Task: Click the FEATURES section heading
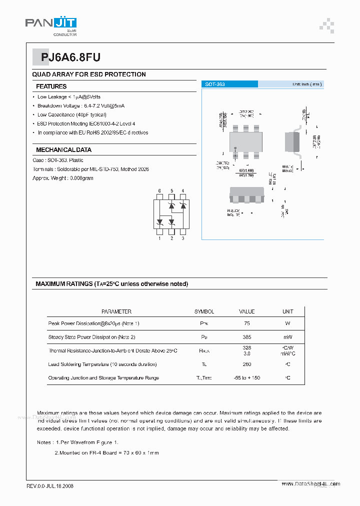[51, 86]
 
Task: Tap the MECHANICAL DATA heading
[63, 150]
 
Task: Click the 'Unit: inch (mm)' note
[307, 84]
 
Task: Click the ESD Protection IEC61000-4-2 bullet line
[86, 124]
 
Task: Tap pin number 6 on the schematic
[159, 191]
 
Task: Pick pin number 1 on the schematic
[159, 238]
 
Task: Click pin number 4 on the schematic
[183, 191]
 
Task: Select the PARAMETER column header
[116, 311]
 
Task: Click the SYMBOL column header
[204, 311]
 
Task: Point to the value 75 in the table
[246, 324]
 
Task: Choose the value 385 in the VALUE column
[246, 337]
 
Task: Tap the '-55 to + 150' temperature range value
[246, 378]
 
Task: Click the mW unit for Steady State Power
[287, 337]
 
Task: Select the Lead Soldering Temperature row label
[102, 364]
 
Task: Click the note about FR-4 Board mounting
[106, 453]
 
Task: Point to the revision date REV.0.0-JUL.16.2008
[50, 486]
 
